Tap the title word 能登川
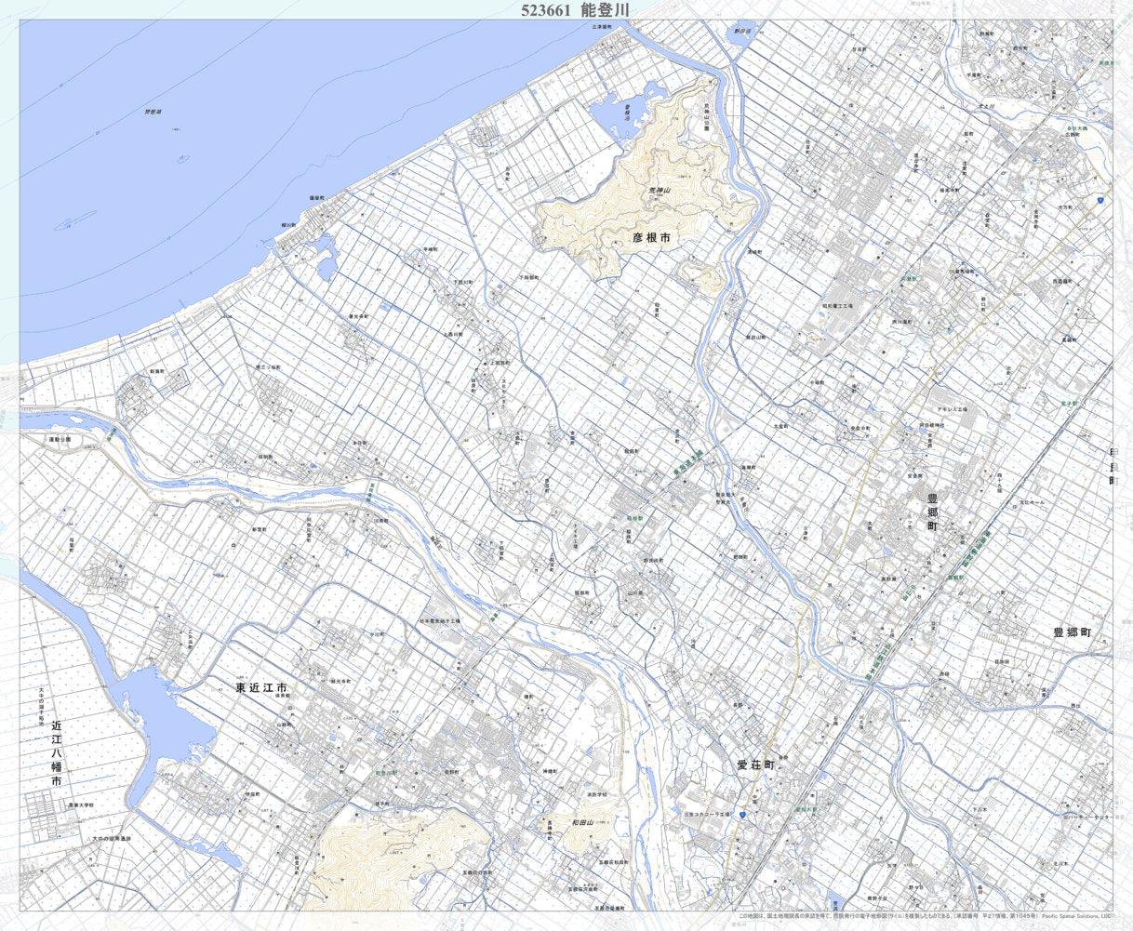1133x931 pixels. tap(605, 10)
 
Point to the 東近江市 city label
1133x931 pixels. tap(261, 688)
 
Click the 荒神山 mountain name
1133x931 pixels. tap(660, 191)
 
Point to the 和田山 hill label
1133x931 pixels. tap(582, 822)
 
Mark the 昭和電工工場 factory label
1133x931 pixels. tap(837, 305)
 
